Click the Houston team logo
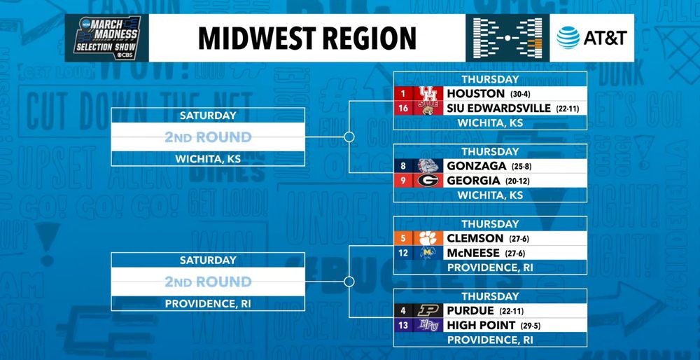pos(428,93)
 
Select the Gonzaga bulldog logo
pos(428,165)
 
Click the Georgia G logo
pos(428,180)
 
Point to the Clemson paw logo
pos(428,238)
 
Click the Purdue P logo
pos(428,310)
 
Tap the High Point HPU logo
pos(428,325)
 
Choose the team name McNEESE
pos(473,253)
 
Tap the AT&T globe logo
pos(568,37)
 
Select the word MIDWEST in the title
pos(252,38)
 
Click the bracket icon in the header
pos(507,37)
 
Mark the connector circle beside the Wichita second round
pos(349,137)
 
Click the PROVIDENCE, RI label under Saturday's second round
pos(207,304)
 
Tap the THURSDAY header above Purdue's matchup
pos(490,296)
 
